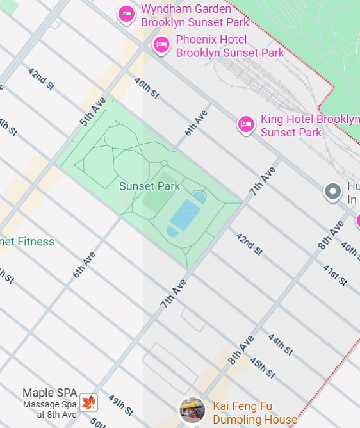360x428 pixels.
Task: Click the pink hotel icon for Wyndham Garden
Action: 126,13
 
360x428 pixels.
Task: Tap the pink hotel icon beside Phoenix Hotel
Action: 161,44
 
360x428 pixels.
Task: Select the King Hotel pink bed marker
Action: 246,124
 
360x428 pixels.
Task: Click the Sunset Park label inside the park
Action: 149,186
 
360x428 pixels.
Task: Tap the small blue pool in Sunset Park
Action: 199,196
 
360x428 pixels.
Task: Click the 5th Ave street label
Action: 93,111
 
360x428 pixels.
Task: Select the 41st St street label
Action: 334,275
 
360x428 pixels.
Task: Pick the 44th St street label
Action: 280,345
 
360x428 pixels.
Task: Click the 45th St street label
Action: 262,367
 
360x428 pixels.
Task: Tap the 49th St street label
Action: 120,405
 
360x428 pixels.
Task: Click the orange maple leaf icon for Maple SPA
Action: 88,402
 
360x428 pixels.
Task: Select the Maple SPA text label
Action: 51,393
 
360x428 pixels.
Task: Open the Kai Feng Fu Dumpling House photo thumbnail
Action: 192,409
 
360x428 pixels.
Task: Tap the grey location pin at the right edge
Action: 332,192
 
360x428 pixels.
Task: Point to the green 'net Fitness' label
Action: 27,242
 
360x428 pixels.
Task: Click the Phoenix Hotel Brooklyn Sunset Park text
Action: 229,46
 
